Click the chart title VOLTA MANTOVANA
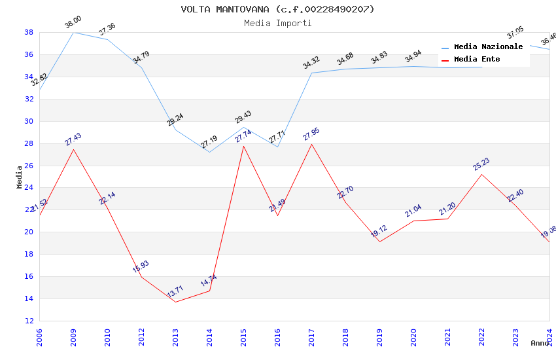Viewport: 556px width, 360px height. point(277,9)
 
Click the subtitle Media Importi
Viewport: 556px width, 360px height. point(277,23)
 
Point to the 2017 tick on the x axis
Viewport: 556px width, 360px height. point(311,338)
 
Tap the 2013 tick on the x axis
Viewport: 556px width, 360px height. point(175,338)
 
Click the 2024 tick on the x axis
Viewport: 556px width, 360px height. point(549,338)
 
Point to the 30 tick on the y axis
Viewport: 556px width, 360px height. point(29,121)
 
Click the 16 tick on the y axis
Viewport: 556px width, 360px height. point(29,276)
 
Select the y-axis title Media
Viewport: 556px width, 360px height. point(20,177)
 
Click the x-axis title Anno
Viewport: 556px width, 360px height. point(540,343)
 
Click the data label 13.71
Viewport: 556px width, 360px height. point(175,292)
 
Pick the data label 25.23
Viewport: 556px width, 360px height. point(481,164)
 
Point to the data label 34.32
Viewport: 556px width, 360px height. point(311,63)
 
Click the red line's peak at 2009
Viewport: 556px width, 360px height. point(73,149)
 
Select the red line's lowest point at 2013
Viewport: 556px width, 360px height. point(175,302)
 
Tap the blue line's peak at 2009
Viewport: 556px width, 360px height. point(73,32)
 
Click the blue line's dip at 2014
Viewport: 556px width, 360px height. point(209,152)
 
